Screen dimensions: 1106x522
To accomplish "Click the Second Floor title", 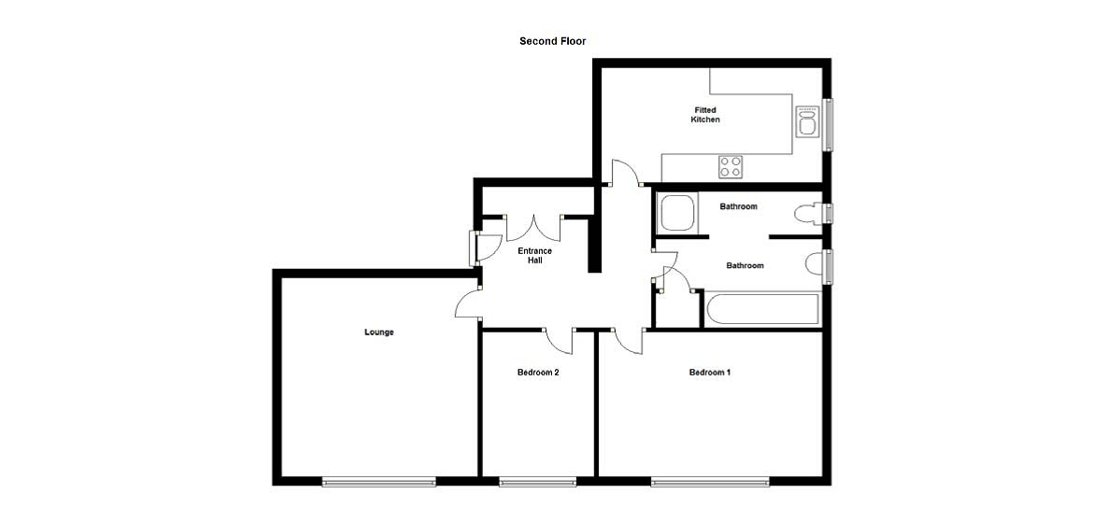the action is tap(552, 41).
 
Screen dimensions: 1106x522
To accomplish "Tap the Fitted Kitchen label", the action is tap(705, 115).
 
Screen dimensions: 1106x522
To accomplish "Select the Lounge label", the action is tap(378, 332).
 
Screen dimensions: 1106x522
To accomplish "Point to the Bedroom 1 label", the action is tap(710, 372).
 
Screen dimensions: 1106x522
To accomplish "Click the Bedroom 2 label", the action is tap(538, 372).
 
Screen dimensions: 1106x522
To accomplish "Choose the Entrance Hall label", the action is tap(534, 255).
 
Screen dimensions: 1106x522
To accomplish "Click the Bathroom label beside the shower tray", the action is tap(739, 206).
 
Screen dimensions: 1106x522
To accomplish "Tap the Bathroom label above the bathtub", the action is tap(745, 266).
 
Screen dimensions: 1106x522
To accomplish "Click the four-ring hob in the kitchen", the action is tap(730, 167).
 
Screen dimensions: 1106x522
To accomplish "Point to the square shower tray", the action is tap(678, 212).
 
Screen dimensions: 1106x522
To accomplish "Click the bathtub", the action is tap(762, 310).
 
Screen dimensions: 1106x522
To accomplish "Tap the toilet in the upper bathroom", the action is tap(808, 213).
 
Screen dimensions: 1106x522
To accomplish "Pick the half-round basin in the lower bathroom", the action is tap(814, 264).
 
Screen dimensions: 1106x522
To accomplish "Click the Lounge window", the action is tap(378, 482).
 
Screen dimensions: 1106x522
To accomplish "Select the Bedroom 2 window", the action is tap(537, 482).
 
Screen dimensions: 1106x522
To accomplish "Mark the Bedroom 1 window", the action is tap(710, 482).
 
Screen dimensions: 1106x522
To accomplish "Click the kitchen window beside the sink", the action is tap(828, 124).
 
